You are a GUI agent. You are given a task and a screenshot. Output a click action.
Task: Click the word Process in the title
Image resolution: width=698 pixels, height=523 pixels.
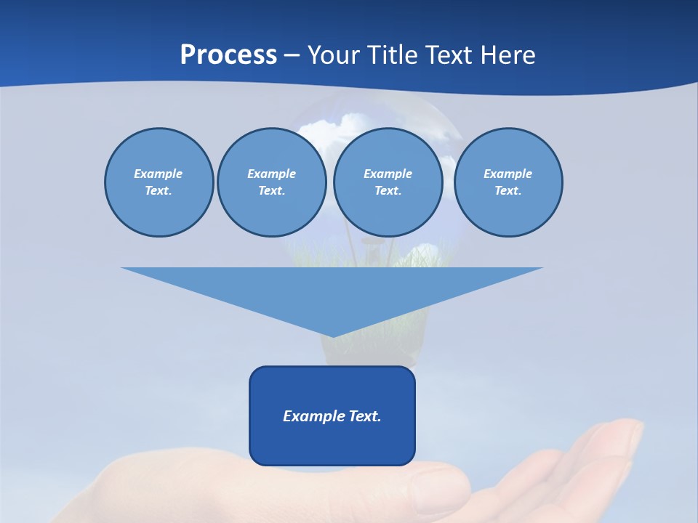pyautogui.click(x=228, y=55)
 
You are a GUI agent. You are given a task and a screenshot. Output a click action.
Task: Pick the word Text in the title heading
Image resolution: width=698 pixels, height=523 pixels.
pyautogui.click(x=451, y=55)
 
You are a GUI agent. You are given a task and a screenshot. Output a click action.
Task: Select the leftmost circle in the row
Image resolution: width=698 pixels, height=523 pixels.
pyautogui.click(x=159, y=182)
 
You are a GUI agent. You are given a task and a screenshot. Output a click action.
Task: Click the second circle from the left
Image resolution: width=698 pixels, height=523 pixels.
pyautogui.click(x=271, y=182)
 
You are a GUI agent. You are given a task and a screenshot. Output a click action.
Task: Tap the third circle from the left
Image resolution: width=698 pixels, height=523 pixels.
pyautogui.click(x=388, y=182)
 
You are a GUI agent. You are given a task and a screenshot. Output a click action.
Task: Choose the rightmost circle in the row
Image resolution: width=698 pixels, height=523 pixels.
pyautogui.click(x=508, y=182)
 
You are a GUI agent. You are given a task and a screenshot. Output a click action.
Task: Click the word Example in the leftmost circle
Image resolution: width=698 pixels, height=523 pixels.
pyautogui.click(x=159, y=174)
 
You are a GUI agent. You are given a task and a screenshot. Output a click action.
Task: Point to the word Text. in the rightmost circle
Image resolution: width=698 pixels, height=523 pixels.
pyautogui.click(x=508, y=191)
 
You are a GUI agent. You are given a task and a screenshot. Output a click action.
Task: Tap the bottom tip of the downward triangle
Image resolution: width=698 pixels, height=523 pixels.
pyautogui.click(x=332, y=336)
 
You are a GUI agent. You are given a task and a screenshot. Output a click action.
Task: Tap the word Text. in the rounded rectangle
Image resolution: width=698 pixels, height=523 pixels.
pyautogui.click(x=364, y=416)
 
